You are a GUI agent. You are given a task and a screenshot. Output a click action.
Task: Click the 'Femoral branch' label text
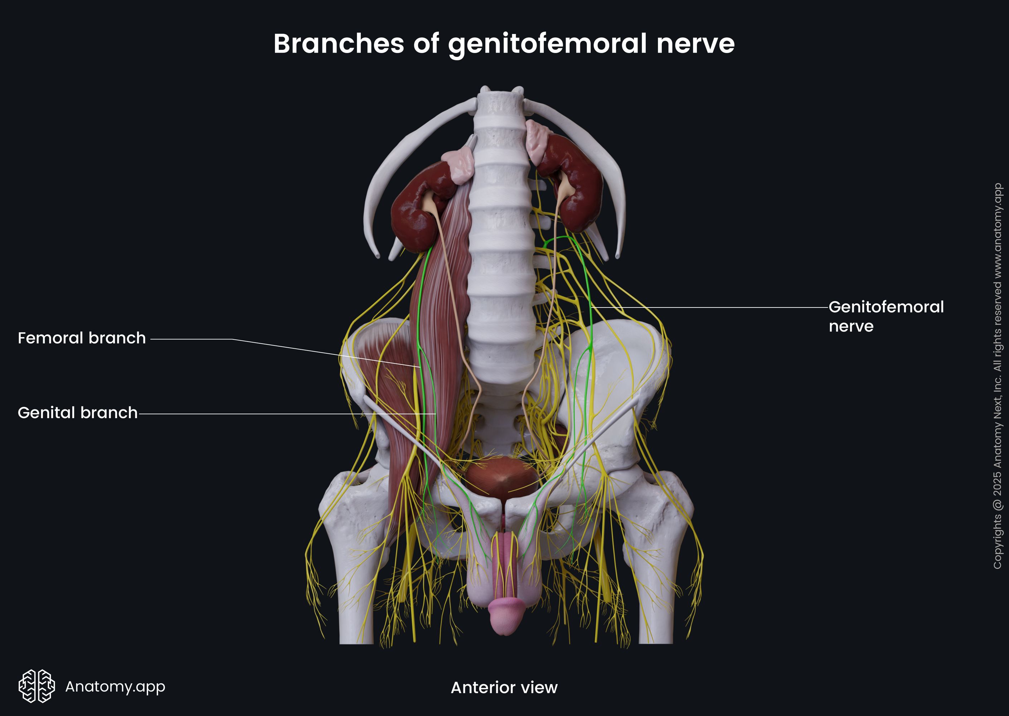82,338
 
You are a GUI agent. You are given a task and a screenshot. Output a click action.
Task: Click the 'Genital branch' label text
78,413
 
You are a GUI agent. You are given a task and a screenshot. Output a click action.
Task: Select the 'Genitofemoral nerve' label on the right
886,316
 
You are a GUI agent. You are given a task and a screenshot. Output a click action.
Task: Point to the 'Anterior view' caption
504,687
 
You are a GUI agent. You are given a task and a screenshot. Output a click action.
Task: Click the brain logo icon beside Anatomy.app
37,686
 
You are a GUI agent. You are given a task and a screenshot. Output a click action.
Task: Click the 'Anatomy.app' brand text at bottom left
115,686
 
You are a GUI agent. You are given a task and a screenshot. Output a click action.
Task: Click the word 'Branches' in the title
339,44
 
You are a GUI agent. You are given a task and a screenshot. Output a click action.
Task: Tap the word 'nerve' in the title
695,44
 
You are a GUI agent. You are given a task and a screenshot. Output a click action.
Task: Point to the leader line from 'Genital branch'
287,414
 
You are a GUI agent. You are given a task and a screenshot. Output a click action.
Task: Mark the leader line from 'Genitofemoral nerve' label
710,307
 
